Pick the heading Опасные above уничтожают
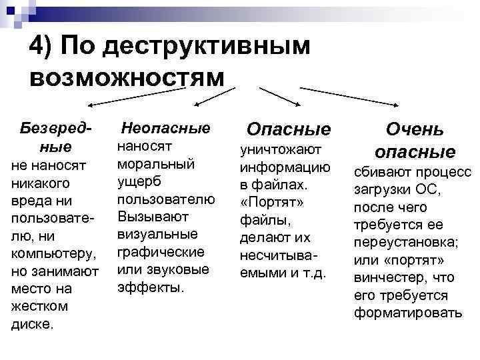(x=289, y=129)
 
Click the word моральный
(x=155, y=163)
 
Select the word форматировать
(x=408, y=312)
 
